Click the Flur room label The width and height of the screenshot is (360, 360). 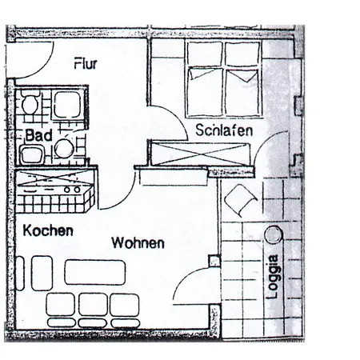pyautogui.click(x=86, y=63)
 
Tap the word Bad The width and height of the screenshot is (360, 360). pyautogui.click(x=38, y=135)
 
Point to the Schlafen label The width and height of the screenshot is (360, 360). pyautogui.click(x=224, y=130)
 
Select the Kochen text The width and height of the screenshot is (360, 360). pyautogui.click(x=48, y=230)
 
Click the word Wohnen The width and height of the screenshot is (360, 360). pyautogui.click(x=138, y=243)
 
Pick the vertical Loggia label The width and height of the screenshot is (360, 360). pyautogui.click(x=274, y=277)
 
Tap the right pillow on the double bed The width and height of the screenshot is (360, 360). pyautogui.click(x=243, y=75)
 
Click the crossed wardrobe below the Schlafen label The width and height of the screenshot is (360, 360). pyautogui.click(x=200, y=154)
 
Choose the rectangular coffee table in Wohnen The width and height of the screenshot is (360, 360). pyautogui.click(x=95, y=272)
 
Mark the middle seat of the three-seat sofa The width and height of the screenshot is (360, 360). pyautogui.click(x=93, y=304)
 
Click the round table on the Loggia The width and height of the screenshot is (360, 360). pyautogui.click(x=274, y=234)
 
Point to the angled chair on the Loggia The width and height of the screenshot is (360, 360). pyautogui.click(x=241, y=199)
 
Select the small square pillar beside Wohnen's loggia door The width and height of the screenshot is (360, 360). pyautogui.click(x=214, y=261)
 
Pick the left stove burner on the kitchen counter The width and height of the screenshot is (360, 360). pyautogui.click(x=66, y=190)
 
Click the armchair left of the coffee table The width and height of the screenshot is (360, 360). pyautogui.click(x=42, y=273)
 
